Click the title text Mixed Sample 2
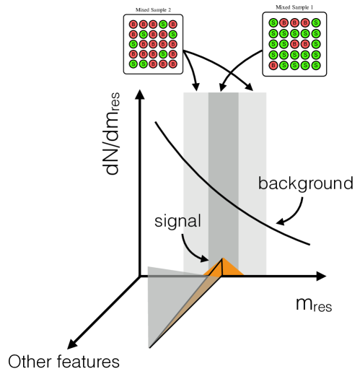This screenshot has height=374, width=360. pos(153,10)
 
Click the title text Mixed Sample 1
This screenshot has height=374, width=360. pos(294,7)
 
